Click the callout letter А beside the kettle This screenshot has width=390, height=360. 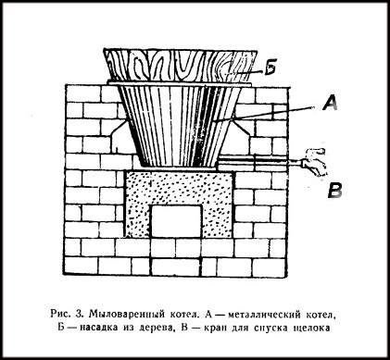coord(330,103)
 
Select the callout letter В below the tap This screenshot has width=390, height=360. coord(334,191)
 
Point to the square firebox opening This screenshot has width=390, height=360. coord(176,221)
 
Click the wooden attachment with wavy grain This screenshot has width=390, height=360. coord(181,66)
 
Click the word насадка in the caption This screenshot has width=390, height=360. coord(99,328)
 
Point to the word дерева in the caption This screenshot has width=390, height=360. coord(155,328)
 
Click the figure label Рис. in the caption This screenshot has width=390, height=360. coord(60,314)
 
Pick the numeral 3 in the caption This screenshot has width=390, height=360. coord(79,315)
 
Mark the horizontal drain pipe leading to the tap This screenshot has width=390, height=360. coord(258,162)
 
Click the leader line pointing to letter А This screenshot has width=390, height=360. coord(265,114)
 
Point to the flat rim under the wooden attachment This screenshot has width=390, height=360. coord(180,83)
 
